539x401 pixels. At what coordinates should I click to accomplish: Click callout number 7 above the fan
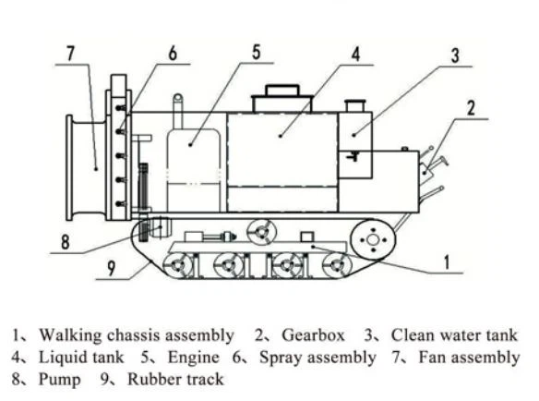(x=70, y=54)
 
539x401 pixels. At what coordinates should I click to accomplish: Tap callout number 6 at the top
(x=173, y=54)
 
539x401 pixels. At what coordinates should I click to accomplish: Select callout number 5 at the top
(x=256, y=53)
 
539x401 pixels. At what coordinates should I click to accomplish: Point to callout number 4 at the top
(x=355, y=55)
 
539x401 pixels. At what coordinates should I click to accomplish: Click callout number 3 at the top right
(x=455, y=55)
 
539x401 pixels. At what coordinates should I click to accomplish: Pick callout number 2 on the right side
(x=471, y=108)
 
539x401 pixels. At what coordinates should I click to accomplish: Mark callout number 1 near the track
(x=447, y=262)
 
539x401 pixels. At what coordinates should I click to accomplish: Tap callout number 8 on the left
(x=66, y=242)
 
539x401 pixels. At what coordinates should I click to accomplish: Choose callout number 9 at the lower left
(x=111, y=269)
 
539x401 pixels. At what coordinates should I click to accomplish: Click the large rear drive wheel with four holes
(x=373, y=239)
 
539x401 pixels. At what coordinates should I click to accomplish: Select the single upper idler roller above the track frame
(x=261, y=233)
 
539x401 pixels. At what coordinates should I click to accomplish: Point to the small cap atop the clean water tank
(x=355, y=105)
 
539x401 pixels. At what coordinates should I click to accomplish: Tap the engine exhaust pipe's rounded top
(x=178, y=98)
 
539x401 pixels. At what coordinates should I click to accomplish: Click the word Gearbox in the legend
(x=313, y=334)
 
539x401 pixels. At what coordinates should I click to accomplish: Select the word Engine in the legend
(x=193, y=358)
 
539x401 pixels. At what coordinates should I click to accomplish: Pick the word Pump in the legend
(x=59, y=380)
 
